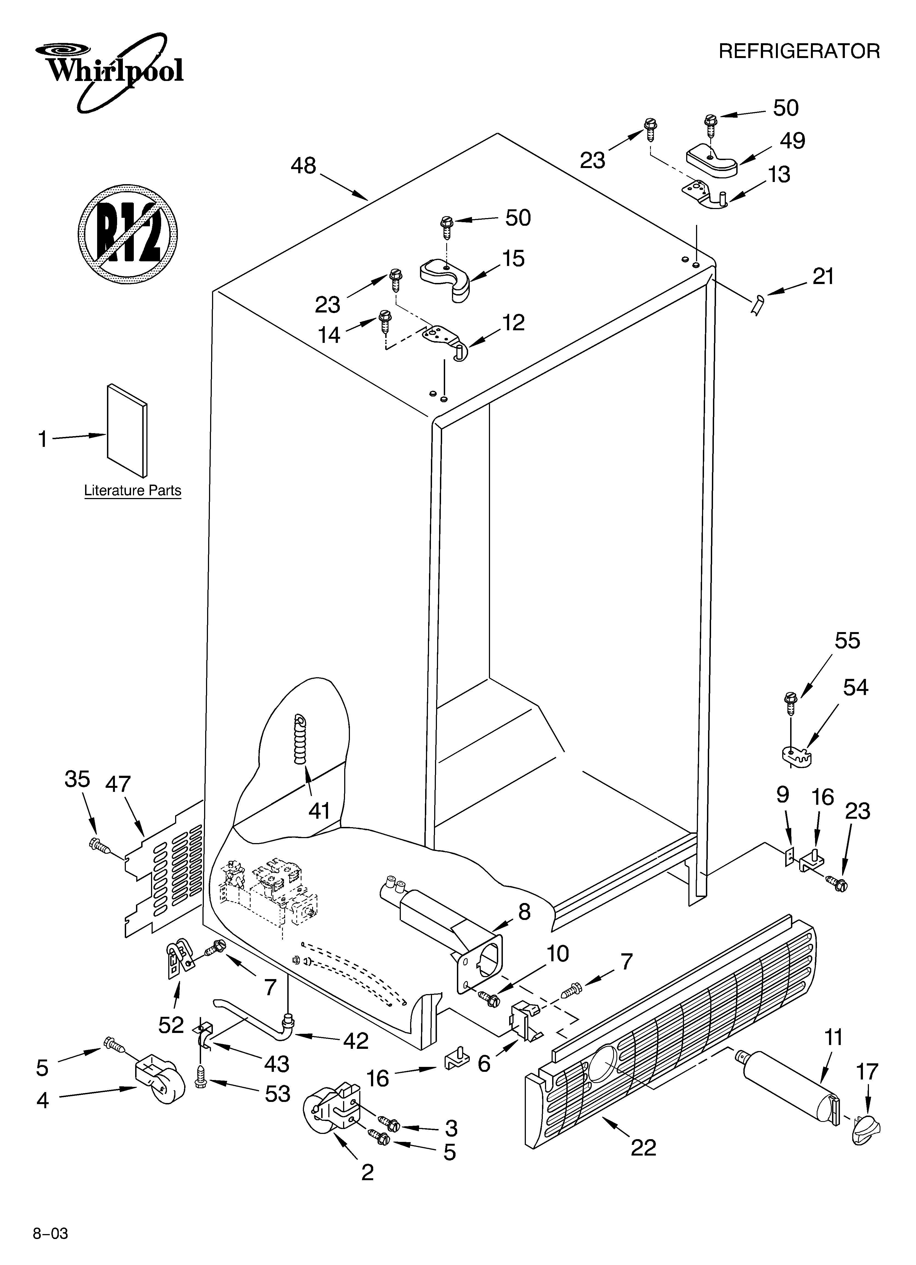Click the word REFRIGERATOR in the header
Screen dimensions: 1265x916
coord(799,51)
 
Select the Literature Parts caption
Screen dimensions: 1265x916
coord(133,490)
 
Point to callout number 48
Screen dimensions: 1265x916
coord(303,166)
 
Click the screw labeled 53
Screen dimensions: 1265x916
coord(200,1079)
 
